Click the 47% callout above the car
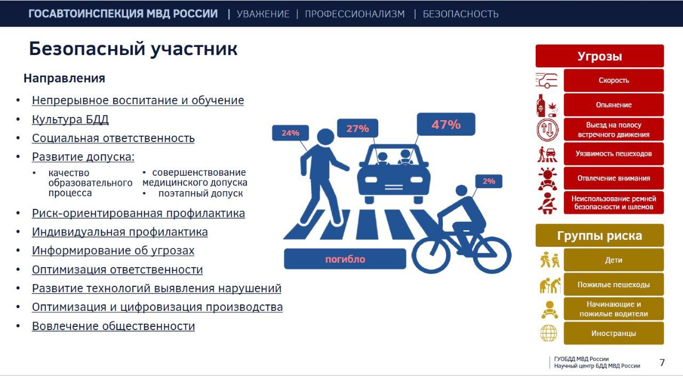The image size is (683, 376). [446, 124]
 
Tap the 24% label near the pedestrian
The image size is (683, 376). [290, 133]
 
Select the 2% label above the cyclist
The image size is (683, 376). [489, 182]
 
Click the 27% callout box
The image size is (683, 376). [358, 129]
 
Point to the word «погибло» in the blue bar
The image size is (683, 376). [345, 259]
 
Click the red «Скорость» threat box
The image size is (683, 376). [614, 81]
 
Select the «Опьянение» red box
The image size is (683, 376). [614, 105]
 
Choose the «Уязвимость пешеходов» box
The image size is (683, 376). [614, 154]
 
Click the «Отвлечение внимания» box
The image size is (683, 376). [614, 178]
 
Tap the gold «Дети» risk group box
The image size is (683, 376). [614, 260]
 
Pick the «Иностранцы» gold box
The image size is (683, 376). [614, 333]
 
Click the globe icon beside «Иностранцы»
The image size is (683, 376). [549, 333]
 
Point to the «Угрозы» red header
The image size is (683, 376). [600, 56]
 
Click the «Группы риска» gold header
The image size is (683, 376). [600, 236]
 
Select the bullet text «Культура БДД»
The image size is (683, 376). [70, 119]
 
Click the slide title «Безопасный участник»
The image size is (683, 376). [133, 49]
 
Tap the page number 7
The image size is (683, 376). [662, 363]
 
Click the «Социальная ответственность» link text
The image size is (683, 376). [113, 138]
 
